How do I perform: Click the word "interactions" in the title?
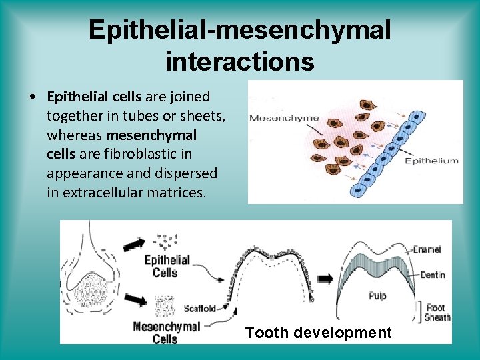click(239, 61)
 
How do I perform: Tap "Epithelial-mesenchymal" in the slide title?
click(239, 29)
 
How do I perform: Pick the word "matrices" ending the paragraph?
click(180, 193)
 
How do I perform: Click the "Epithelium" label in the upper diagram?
click(432, 161)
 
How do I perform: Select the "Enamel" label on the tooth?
click(427, 249)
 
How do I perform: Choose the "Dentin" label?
click(432, 275)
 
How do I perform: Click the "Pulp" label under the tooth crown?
click(378, 295)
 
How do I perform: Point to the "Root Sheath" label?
click(437, 312)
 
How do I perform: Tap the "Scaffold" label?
click(199, 309)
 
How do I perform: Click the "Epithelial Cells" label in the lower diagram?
click(167, 266)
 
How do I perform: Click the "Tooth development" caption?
click(318, 333)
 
